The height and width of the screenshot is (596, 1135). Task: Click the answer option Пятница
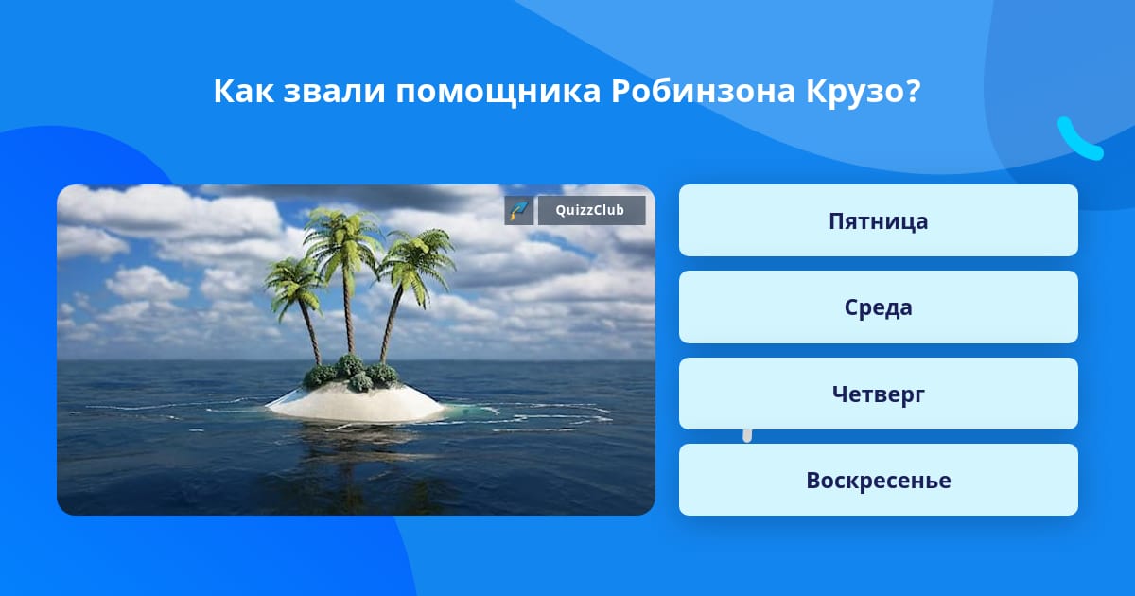(x=878, y=220)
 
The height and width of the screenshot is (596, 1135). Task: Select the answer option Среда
(x=878, y=307)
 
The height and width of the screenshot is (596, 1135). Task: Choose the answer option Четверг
(x=878, y=394)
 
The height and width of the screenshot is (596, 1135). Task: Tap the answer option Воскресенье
(x=878, y=480)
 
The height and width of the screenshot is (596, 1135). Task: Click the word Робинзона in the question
(x=703, y=91)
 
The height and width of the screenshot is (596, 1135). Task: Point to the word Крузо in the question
(x=856, y=93)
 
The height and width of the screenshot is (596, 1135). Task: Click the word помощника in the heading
(x=498, y=93)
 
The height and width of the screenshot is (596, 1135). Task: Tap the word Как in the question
(x=243, y=91)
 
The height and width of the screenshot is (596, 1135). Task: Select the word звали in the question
(x=335, y=93)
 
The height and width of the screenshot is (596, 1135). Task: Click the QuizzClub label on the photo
(x=591, y=210)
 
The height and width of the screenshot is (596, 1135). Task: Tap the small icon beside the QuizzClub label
(x=518, y=210)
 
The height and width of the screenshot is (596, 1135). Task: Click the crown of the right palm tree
(x=418, y=264)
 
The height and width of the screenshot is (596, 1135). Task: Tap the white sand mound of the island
(x=357, y=403)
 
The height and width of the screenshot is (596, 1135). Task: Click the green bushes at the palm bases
(x=351, y=374)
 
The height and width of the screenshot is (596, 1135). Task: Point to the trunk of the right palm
(x=392, y=324)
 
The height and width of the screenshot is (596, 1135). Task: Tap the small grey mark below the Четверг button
(x=747, y=436)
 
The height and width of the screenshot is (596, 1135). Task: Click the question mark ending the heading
(x=913, y=91)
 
